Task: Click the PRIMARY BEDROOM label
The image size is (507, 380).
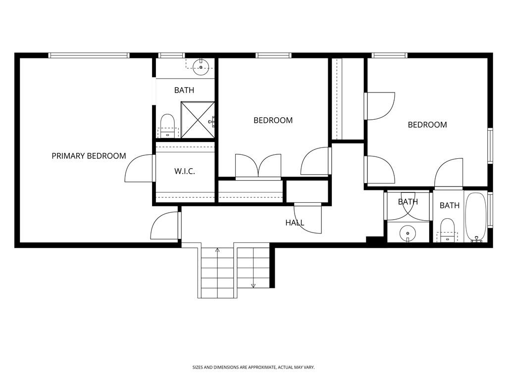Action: (89, 156)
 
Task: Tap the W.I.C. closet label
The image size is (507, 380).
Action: (185, 171)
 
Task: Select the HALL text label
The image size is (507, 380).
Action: (295, 223)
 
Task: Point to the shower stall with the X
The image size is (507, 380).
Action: (198, 120)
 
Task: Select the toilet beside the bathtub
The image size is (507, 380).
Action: (447, 230)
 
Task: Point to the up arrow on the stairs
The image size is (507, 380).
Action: (217, 250)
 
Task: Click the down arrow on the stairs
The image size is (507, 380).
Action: (253, 285)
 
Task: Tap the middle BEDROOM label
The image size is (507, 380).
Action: (273, 121)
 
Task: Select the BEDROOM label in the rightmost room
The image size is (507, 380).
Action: (427, 125)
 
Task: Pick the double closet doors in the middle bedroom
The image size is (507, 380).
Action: (258, 166)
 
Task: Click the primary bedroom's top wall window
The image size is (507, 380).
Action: (89, 55)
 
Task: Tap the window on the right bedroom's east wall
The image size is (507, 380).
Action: (490, 146)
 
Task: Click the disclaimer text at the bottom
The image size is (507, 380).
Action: (253, 368)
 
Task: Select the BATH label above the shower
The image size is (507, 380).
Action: (184, 90)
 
